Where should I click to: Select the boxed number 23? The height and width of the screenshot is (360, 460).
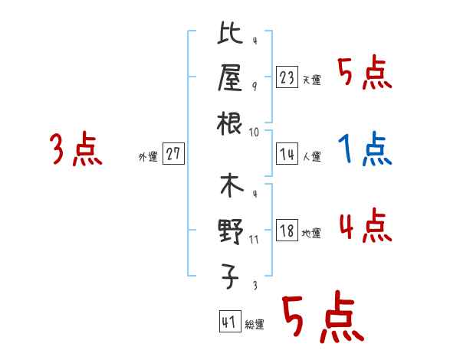point(287,77)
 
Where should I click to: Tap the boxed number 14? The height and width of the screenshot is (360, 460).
point(287,154)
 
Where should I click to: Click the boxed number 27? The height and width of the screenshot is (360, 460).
point(172,154)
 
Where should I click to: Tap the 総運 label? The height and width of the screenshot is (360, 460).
point(255,325)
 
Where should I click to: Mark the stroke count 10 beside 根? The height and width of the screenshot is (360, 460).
point(255,132)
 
